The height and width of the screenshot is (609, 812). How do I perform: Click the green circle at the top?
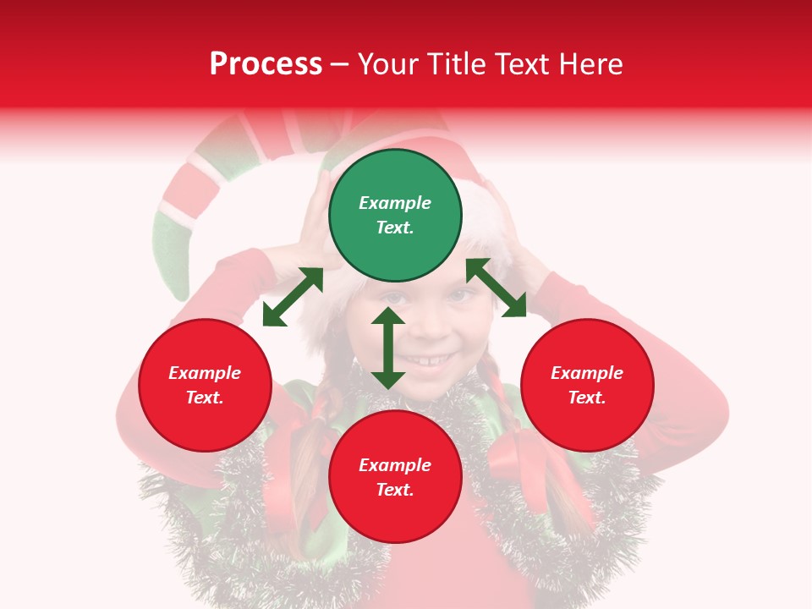click(395, 216)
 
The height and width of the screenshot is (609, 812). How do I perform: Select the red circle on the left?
click(205, 385)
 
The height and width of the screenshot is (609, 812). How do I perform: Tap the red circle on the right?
click(587, 385)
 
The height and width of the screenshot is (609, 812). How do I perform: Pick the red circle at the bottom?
click(395, 477)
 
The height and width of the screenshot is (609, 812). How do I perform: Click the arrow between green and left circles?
click(293, 297)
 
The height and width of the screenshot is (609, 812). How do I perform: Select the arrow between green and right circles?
click(497, 288)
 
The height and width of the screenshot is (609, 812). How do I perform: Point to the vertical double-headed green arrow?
click(388, 348)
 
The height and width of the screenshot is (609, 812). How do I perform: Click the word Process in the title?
click(266, 63)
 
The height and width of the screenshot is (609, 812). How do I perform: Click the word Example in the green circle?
click(395, 203)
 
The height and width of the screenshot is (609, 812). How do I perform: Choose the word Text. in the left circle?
click(205, 398)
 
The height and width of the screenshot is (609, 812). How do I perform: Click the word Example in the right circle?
click(587, 373)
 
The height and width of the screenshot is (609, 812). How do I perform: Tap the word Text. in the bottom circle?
click(395, 490)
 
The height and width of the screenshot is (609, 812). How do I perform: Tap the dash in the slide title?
click(340, 64)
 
